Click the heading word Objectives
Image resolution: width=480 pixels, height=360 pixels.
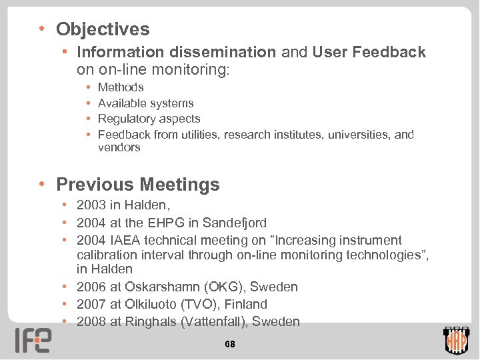[103, 29]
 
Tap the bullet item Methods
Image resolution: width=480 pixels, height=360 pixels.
[121, 87]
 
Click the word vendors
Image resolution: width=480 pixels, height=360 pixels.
[119, 148]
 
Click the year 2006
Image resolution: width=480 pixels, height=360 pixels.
[91, 287]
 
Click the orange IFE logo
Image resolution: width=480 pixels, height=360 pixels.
[33, 340]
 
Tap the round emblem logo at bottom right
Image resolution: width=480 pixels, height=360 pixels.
[457, 341]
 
